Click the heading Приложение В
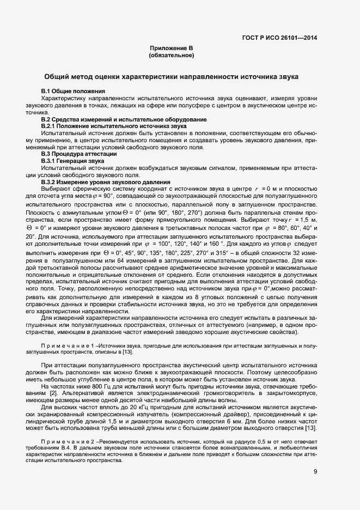[171, 48]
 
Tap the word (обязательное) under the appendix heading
[171, 55]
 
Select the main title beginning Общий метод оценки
[171, 77]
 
